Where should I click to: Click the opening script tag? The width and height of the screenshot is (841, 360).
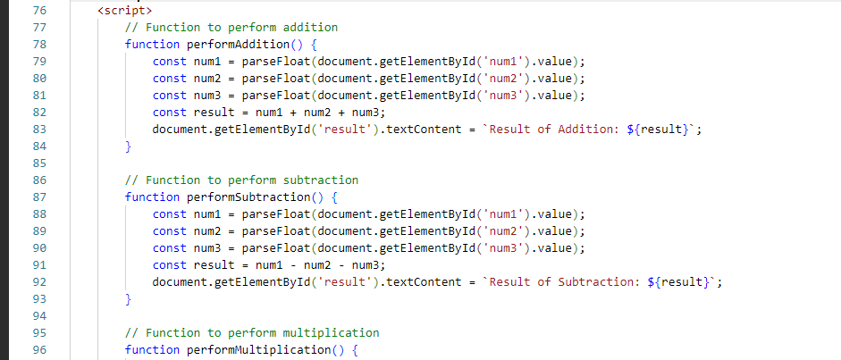coord(125,10)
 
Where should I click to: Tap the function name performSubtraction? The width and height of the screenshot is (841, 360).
coord(248,197)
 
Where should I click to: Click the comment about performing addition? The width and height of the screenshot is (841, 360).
coord(231,28)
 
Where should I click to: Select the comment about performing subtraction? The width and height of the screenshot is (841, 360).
coord(242,180)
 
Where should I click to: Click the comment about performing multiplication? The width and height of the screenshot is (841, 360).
coord(252,332)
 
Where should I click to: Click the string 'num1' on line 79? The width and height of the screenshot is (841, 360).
coord(504,61)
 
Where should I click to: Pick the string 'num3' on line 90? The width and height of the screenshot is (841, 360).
coord(504,248)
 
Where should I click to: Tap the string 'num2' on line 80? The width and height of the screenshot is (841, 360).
coord(504,79)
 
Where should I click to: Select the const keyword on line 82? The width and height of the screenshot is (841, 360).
coord(170,112)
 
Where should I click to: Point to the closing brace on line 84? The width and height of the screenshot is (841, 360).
coord(128,147)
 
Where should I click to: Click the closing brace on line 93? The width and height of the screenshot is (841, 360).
coord(128,299)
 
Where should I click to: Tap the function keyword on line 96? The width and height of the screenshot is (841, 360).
coord(152,350)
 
